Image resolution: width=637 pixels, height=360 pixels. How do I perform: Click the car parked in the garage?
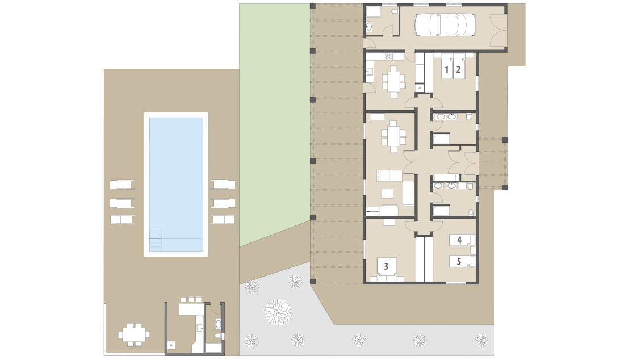point(445,25)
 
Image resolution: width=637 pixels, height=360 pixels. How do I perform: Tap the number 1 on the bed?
point(446,69)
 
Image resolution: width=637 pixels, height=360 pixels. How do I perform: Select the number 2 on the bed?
point(458,69)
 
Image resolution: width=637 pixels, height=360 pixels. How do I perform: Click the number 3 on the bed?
point(386,266)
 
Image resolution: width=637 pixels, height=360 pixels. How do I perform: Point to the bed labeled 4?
point(462,240)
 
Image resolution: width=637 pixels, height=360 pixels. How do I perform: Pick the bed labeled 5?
point(462,261)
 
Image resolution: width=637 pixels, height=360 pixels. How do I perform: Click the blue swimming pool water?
point(177,184)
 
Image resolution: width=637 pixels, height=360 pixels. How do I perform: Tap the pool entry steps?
point(156,238)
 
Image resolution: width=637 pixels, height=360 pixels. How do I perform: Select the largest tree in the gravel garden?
point(278,312)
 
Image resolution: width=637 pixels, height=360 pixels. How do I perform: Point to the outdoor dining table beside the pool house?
point(133,335)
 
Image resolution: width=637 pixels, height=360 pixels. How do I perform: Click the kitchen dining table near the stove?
point(393,82)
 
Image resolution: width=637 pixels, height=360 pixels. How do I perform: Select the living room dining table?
point(393,136)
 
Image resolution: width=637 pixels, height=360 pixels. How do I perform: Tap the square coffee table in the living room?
point(387,194)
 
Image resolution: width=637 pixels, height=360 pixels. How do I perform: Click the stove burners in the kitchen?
point(389,56)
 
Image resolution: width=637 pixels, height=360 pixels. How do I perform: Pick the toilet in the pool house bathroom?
point(218,336)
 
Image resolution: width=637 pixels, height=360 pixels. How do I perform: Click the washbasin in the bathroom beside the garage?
point(369,27)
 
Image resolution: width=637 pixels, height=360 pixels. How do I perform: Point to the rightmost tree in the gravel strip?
point(481,340)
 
